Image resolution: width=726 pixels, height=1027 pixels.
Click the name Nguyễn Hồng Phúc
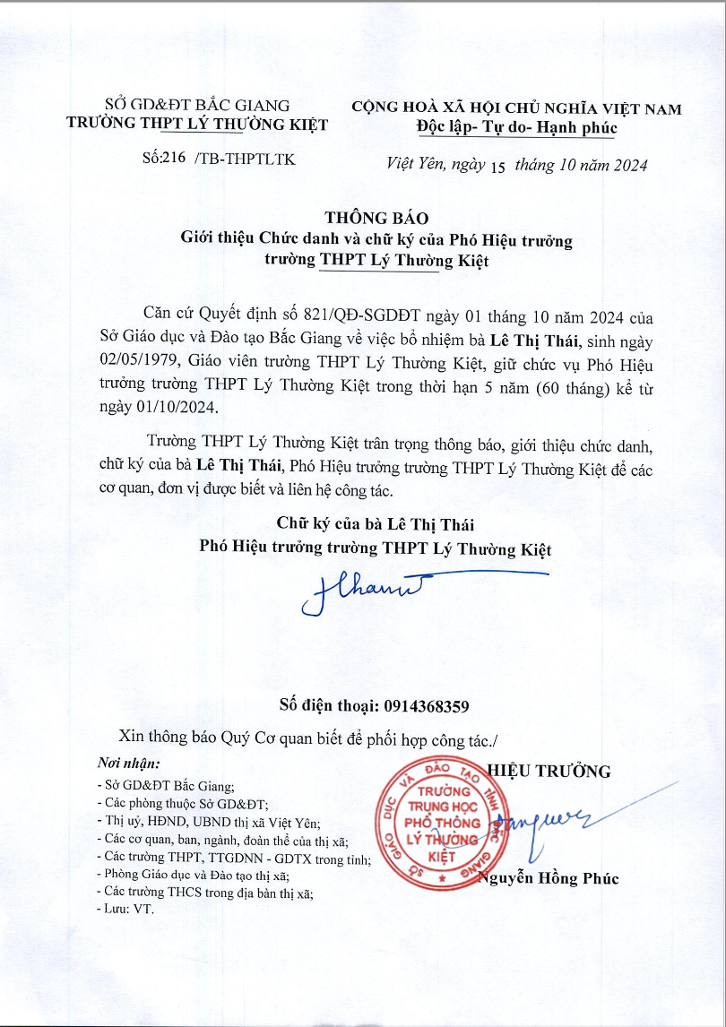[549, 878]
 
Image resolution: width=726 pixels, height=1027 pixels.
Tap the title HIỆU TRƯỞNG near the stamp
[548, 771]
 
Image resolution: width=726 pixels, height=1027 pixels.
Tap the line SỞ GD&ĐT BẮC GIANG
[197, 107]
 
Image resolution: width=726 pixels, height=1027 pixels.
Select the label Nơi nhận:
[128, 764]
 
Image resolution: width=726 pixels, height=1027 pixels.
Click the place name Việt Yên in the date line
[409, 165]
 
